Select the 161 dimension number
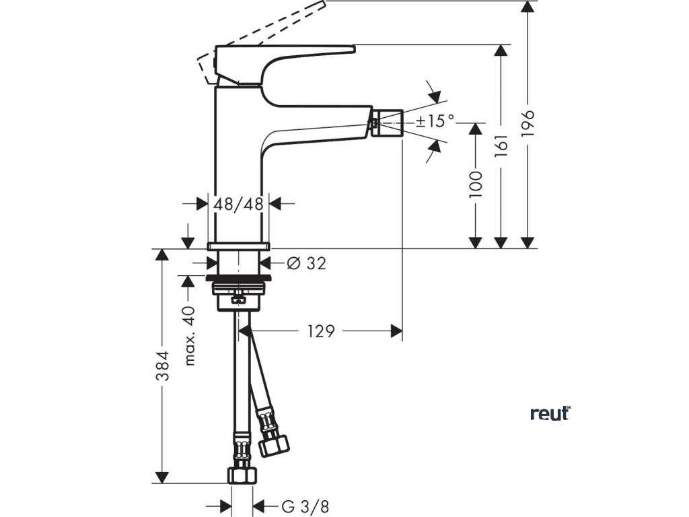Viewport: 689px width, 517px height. (x=500, y=145)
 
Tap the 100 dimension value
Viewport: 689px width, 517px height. (x=476, y=184)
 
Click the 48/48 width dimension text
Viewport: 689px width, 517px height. (x=238, y=203)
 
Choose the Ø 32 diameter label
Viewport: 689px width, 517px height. (x=306, y=263)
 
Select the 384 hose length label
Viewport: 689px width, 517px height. (x=161, y=366)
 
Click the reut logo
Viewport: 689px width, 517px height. (x=550, y=413)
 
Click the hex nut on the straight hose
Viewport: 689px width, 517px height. (x=240, y=474)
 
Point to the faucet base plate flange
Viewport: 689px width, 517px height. (x=238, y=245)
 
